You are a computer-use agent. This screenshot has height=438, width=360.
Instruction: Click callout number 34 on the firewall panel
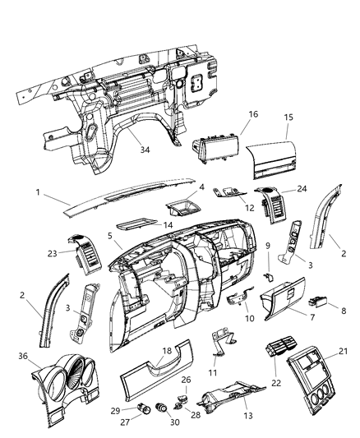[145, 150]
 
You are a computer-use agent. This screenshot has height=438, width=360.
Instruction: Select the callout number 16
[253, 113]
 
